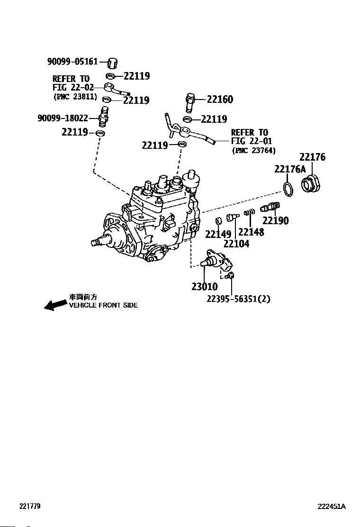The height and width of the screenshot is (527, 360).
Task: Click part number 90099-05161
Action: [x=72, y=62]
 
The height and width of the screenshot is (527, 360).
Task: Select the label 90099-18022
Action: [x=63, y=118]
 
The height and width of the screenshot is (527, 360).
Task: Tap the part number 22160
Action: [x=220, y=99]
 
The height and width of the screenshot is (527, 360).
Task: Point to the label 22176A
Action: [x=290, y=169]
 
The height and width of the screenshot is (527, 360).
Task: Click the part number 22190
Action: [x=275, y=220]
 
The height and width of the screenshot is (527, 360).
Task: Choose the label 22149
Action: [x=218, y=234]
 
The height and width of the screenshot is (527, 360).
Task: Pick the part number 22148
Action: [x=251, y=232]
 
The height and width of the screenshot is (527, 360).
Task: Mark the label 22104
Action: [x=236, y=244]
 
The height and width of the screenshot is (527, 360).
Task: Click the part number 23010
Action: [x=205, y=286]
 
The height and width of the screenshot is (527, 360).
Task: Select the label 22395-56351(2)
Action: [x=238, y=299]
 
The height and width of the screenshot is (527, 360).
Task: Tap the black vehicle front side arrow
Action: [x=55, y=305]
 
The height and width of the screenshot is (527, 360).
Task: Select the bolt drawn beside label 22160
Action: [x=190, y=103]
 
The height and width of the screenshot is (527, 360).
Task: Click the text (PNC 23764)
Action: [x=253, y=150]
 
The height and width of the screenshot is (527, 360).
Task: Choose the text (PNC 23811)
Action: [x=75, y=97]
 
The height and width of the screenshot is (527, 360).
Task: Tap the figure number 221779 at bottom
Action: [x=30, y=506]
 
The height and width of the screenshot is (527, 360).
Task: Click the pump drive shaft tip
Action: [x=94, y=242]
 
